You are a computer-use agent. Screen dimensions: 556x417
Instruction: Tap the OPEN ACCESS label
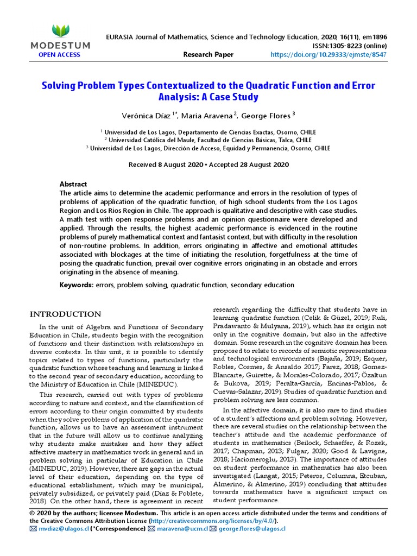(59, 54)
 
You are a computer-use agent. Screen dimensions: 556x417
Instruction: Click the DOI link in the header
(337, 54)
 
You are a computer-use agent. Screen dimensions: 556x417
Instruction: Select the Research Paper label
(208, 54)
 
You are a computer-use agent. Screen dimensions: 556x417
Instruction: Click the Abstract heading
(73, 184)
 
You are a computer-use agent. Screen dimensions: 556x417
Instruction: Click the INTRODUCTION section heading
(65, 314)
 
